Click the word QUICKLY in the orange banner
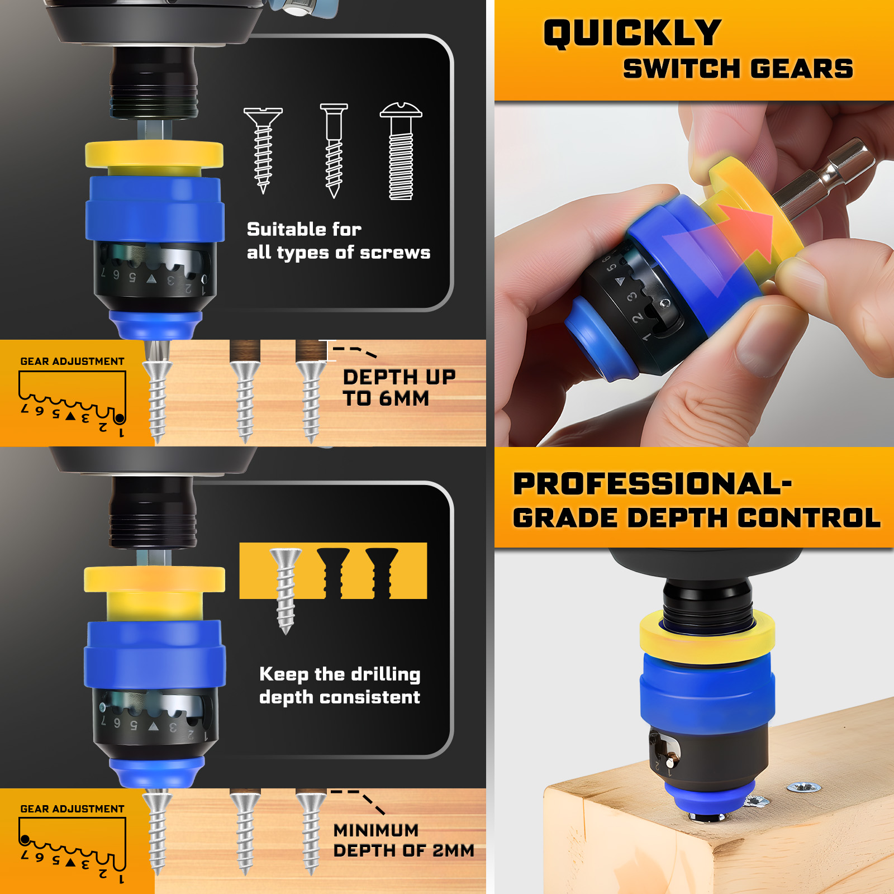coord(632,34)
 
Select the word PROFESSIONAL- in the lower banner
coord(653,484)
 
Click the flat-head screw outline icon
coord(263,150)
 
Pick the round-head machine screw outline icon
coord(401,151)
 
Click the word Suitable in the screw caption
coord(288,229)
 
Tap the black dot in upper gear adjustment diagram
coord(120,418)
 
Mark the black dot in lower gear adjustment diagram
coord(25,839)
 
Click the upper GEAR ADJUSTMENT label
coord(72,362)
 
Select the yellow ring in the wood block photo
coord(707,634)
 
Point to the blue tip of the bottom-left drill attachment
coord(154,772)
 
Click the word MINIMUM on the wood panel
coord(375,830)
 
